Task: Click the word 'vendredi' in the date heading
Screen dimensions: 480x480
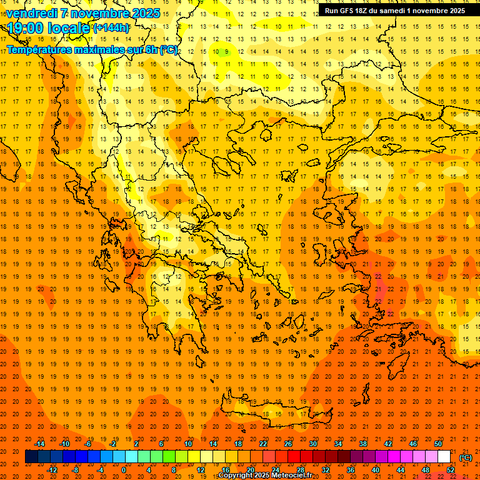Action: click(x=32, y=13)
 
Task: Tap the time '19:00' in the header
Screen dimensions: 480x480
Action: click(x=27, y=28)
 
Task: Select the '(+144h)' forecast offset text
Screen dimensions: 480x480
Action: click(x=111, y=28)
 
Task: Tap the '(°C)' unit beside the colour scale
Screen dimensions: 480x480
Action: click(x=466, y=457)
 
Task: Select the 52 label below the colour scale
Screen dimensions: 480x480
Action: click(x=451, y=470)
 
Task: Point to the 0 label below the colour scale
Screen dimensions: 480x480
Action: click(x=124, y=470)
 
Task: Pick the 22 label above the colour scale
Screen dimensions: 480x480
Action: click(x=263, y=444)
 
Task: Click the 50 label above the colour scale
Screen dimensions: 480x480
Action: click(x=438, y=444)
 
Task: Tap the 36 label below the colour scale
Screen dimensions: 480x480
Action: click(x=351, y=470)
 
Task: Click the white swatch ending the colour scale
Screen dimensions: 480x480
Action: click(x=444, y=457)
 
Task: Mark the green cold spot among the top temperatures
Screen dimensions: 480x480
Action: click(x=226, y=52)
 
